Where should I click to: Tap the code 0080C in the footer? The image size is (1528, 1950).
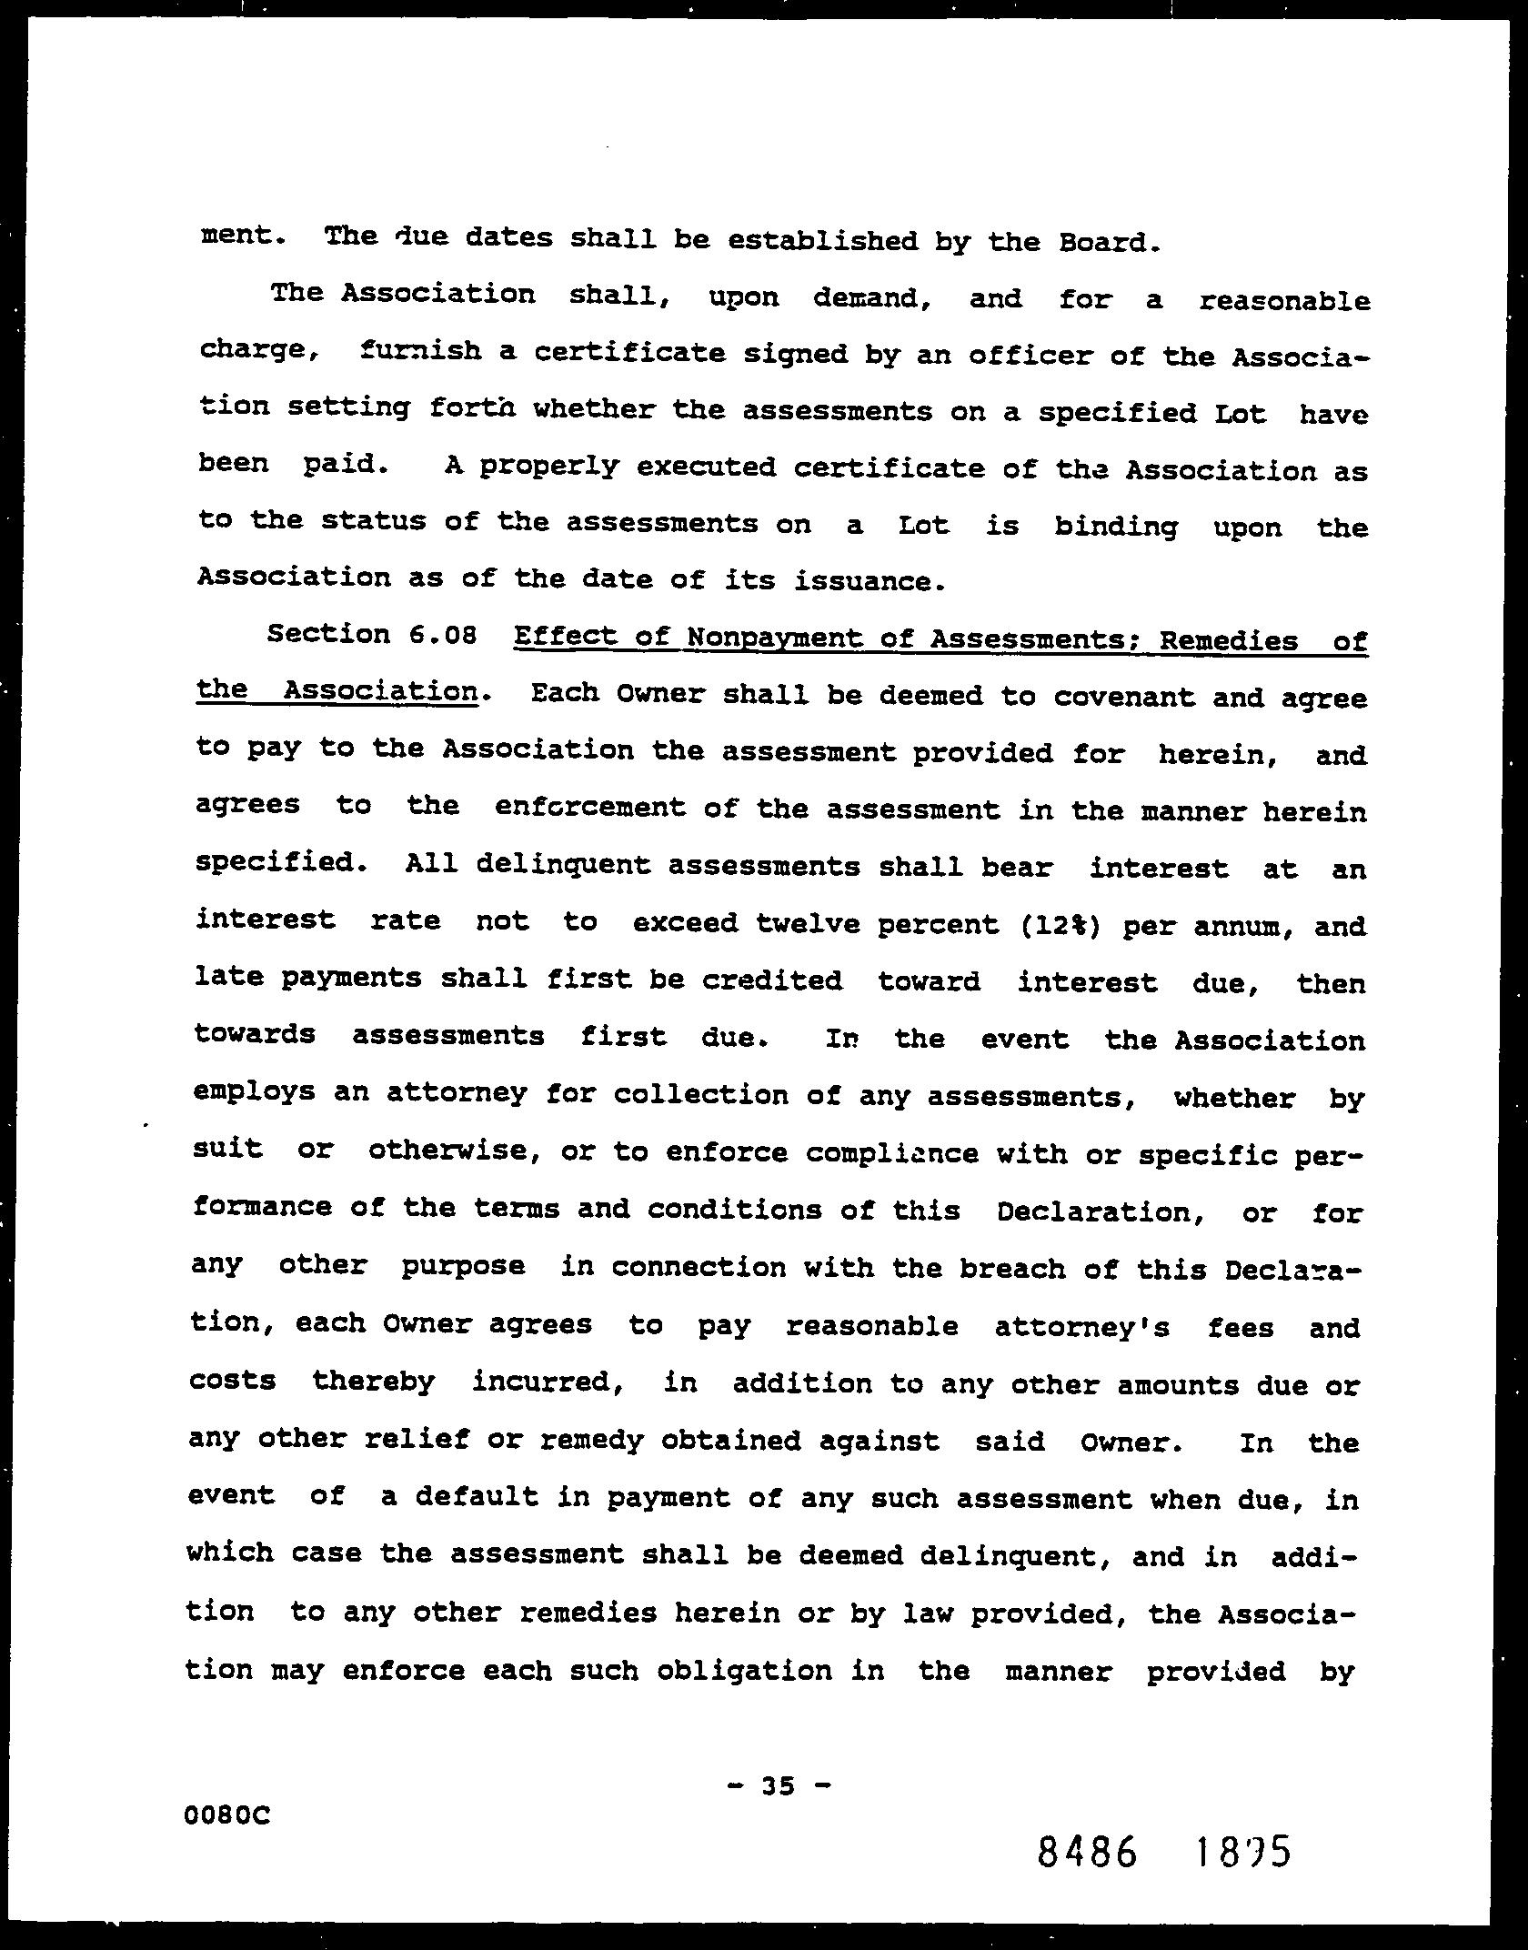[227, 1816]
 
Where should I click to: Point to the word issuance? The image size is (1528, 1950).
[865, 580]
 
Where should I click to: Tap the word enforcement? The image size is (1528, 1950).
[590, 808]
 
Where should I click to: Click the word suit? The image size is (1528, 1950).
[228, 1149]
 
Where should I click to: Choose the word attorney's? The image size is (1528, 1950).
[1081, 1327]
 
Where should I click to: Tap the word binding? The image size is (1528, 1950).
[1116, 527]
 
